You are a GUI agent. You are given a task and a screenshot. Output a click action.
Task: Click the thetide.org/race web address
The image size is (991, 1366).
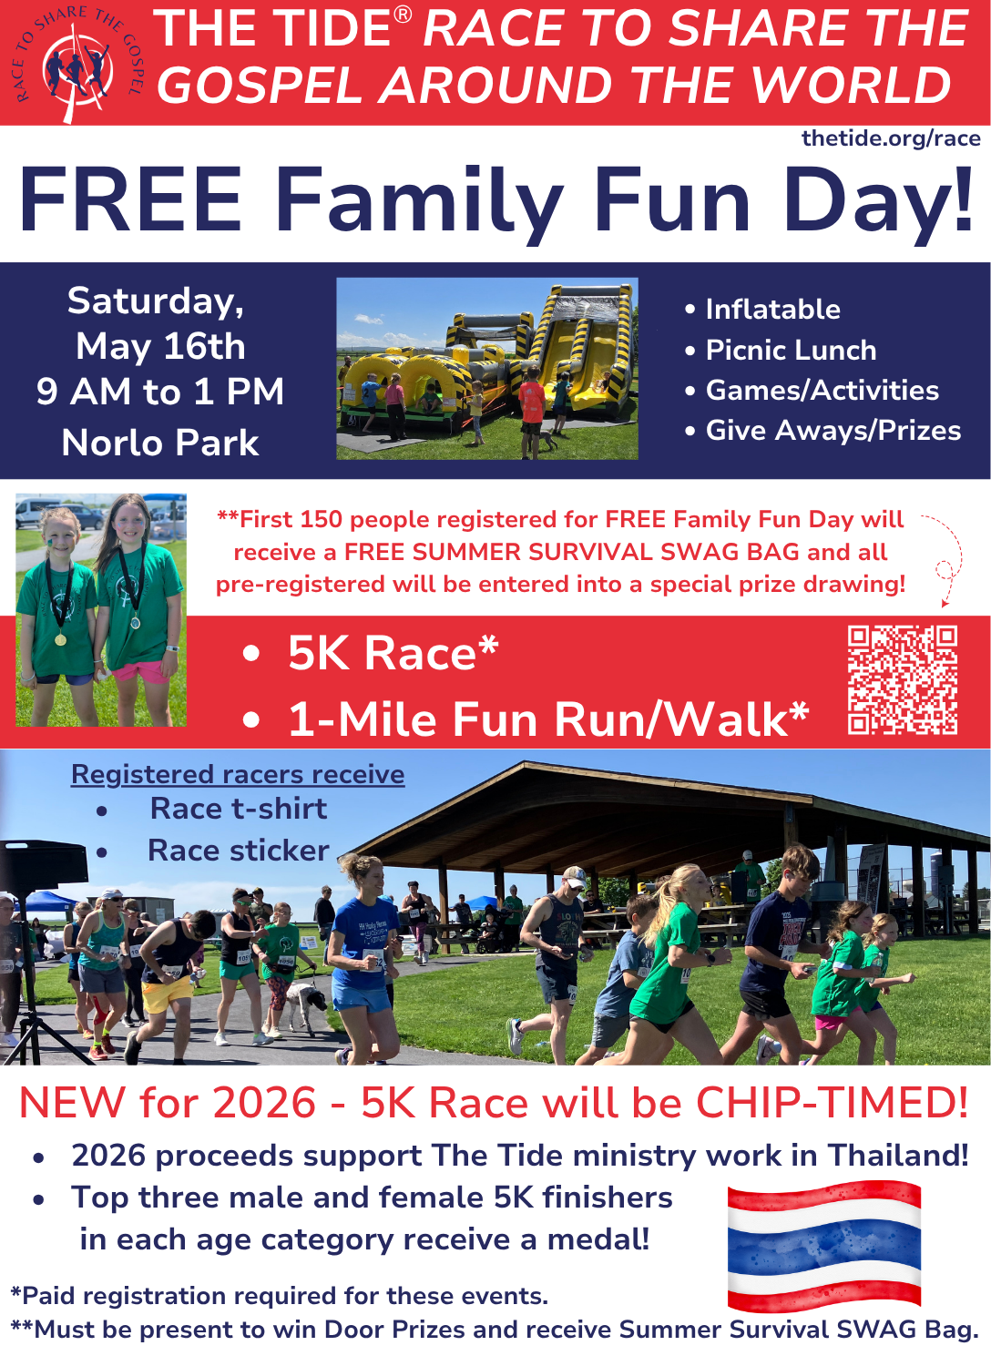click(x=891, y=138)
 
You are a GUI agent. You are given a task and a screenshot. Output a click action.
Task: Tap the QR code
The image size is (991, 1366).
click(x=902, y=680)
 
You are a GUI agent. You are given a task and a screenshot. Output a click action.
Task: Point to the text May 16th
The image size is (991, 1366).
click(x=160, y=347)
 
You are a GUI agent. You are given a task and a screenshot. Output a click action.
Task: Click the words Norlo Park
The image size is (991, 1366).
click(x=160, y=443)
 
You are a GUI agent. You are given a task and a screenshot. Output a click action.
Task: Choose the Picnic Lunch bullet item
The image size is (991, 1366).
click(x=791, y=351)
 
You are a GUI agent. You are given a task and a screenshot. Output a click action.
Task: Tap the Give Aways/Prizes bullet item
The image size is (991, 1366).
click(x=833, y=431)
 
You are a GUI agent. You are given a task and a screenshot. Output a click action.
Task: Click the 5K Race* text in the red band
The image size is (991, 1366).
click(x=393, y=653)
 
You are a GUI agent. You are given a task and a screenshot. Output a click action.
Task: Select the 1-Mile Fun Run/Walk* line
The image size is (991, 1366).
click(x=548, y=719)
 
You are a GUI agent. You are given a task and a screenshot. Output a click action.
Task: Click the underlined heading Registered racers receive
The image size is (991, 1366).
click(x=238, y=774)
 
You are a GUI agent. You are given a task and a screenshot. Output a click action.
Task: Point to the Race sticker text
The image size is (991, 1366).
click(x=239, y=851)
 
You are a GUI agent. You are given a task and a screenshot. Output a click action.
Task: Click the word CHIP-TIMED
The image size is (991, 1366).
click(x=832, y=1103)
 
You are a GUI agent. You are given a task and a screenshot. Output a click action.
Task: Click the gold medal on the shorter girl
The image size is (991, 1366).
click(x=60, y=639)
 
